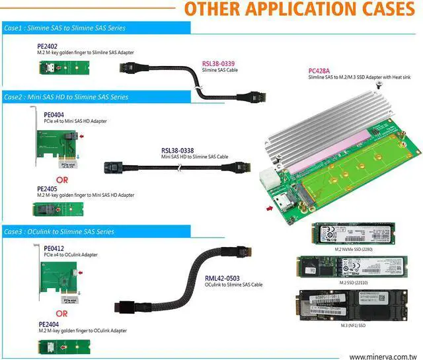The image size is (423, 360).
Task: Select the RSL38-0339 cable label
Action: pos(218,64)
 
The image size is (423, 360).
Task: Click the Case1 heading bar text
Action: pos(65,28)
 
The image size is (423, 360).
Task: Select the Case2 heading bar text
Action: pos(66,97)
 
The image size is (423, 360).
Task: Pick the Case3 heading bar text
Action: pos(59,232)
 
